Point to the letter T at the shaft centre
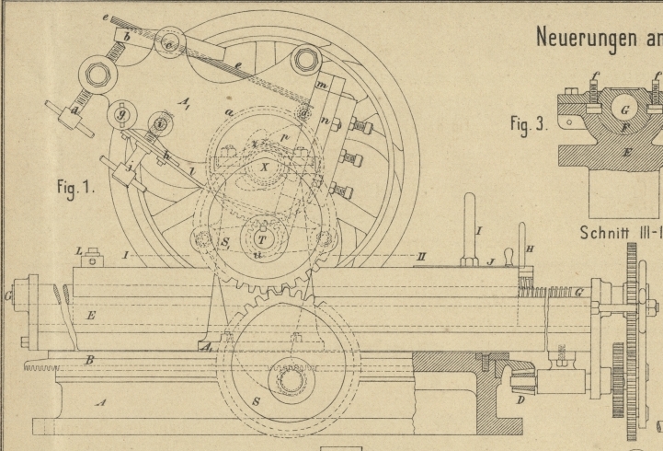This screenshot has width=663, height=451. tap(259, 237)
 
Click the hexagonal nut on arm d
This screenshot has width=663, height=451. tap(68, 95)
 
